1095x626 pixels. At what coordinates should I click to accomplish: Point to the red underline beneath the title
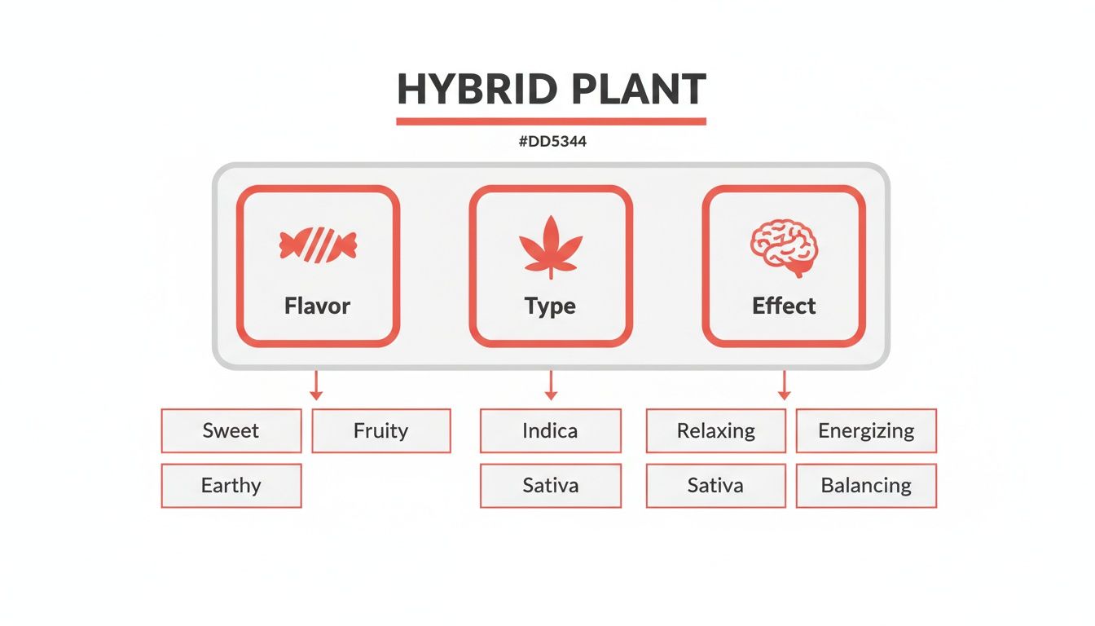[551, 121]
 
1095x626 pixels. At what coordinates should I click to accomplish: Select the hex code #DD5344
[552, 142]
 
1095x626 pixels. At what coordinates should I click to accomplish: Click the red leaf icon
[551, 245]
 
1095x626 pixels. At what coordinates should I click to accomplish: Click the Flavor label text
[318, 306]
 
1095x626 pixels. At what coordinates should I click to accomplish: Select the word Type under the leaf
[551, 306]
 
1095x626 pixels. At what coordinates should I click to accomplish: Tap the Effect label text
[784, 306]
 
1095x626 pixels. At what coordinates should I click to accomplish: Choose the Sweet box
[231, 430]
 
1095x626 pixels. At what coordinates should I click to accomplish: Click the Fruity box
[381, 430]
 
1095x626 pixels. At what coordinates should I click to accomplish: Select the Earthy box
[231, 486]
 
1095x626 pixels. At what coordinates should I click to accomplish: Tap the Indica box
[551, 430]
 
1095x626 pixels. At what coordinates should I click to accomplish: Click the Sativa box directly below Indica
[551, 486]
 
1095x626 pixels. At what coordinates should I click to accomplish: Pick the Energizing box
[866, 430]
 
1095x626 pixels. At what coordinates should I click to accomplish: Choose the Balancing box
[866, 486]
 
